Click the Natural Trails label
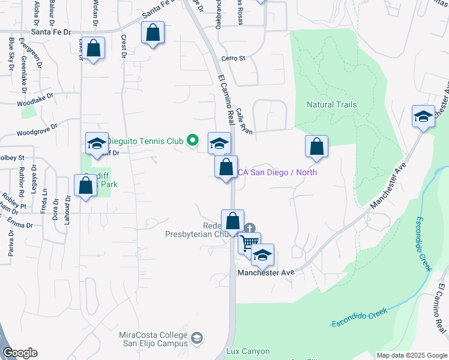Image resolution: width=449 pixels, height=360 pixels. (331, 104)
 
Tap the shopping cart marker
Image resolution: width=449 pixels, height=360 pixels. (249, 242)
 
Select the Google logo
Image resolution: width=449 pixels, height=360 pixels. (20, 353)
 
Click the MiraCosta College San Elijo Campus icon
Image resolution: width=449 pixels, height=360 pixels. (196, 340)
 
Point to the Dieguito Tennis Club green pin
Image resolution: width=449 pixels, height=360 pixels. (192, 141)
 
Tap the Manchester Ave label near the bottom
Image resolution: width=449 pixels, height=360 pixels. (265, 272)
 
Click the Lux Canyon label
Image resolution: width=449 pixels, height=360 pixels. (248, 351)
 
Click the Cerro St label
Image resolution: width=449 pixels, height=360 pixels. (234, 58)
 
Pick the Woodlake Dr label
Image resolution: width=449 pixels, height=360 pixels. (35, 99)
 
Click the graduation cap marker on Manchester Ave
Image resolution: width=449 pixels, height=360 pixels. (262, 256)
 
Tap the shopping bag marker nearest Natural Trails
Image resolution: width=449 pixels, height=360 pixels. (316, 146)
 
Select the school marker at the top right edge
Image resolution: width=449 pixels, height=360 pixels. (423, 116)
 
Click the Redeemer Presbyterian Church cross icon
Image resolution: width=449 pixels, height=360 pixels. (250, 228)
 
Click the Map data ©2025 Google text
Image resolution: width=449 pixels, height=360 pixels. (411, 355)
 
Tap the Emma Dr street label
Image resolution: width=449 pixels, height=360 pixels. (20, 225)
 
